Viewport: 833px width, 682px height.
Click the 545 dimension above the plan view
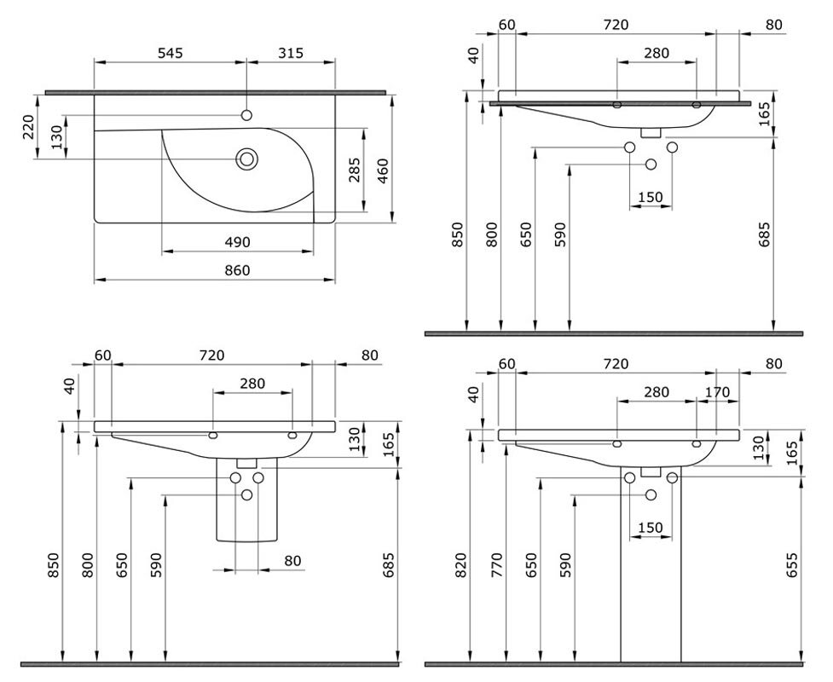[170, 53]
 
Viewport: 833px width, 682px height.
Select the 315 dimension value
[291, 53]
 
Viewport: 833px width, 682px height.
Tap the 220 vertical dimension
[29, 126]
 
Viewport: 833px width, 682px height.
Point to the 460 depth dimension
[383, 170]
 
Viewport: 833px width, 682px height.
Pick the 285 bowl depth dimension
[355, 170]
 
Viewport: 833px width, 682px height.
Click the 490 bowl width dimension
[237, 242]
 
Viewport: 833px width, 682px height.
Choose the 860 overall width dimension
[237, 270]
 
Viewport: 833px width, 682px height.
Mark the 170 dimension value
[717, 392]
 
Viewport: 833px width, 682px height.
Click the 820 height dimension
[460, 565]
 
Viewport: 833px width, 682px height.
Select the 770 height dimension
[497, 565]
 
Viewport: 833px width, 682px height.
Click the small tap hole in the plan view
[246, 115]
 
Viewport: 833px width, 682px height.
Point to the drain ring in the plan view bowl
[247, 159]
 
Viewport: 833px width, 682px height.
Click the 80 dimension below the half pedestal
[292, 561]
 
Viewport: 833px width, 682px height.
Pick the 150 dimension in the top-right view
[651, 197]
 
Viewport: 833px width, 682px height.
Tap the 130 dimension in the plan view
[57, 136]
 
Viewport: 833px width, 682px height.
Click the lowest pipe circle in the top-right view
[651, 165]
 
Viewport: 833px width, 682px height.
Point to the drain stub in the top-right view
[651, 132]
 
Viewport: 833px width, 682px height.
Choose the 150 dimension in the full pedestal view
[651, 528]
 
